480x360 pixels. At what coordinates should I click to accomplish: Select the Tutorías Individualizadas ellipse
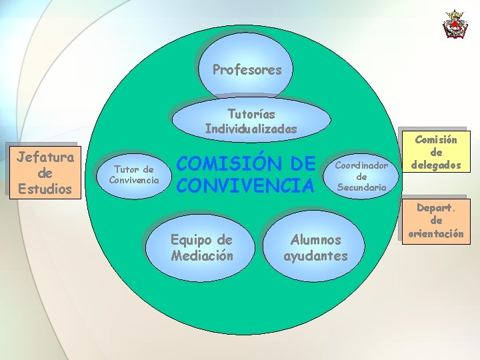[251, 120]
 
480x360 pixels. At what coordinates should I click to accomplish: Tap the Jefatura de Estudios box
[45, 173]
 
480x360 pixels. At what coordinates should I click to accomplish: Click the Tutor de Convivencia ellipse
[134, 175]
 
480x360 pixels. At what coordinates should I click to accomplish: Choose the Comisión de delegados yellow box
[437, 153]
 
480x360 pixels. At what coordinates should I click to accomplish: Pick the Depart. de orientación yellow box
[437, 221]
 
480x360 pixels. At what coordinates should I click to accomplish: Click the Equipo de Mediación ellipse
[201, 247]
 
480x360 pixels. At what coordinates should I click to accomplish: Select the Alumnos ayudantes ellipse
[316, 247]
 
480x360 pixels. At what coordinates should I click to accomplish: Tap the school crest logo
[455, 24]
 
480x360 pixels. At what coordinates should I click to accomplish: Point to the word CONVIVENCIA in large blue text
[244, 185]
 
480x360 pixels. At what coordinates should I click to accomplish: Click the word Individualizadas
[251, 129]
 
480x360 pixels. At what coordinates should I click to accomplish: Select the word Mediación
[202, 255]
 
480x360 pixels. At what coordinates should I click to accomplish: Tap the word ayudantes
[316, 256]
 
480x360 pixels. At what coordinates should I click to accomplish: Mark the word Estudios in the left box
[45, 189]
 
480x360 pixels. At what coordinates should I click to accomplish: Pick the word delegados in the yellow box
[437, 165]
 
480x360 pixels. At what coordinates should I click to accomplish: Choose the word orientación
[437, 233]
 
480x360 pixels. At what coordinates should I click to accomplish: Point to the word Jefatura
[45, 157]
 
